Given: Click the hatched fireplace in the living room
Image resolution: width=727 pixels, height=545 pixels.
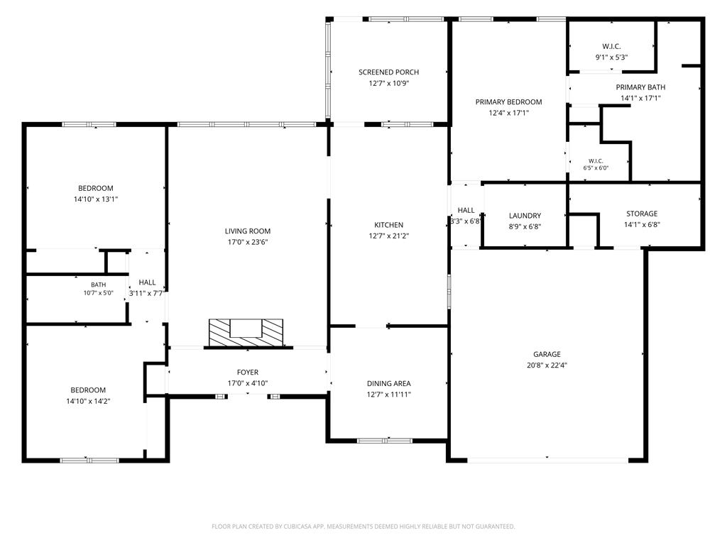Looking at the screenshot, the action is (x=246, y=333).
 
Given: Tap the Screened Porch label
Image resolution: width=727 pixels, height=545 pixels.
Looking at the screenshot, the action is (x=388, y=72).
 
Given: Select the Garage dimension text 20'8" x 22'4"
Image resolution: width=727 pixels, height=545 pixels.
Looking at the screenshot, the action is (x=547, y=365).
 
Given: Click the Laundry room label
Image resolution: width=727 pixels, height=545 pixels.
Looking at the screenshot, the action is (x=525, y=216).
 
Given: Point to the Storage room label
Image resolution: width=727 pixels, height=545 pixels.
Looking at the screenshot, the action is (x=642, y=214).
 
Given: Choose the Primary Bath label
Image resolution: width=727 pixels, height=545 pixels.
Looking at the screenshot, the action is (x=640, y=87).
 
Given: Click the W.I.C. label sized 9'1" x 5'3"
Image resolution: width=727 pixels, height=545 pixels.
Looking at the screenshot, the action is (x=611, y=46).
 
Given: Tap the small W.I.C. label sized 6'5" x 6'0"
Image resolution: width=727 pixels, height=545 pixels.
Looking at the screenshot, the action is (x=596, y=161).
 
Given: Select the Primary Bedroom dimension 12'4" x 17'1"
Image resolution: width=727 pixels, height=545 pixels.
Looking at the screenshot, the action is (x=508, y=113).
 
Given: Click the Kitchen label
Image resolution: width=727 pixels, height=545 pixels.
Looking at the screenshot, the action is (x=388, y=225).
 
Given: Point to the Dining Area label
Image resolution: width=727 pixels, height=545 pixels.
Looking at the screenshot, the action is (x=388, y=383).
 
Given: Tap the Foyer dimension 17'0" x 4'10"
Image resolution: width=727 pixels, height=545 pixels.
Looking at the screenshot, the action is (x=248, y=383).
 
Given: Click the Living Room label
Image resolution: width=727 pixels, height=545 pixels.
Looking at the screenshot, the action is (x=248, y=231).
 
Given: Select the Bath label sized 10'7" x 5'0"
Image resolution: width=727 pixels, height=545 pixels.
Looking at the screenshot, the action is (x=98, y=285).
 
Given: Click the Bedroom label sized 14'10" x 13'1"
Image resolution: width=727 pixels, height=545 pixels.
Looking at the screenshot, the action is (x=96, y=188).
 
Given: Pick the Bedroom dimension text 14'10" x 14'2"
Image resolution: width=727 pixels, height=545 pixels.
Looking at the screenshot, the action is (x=88, y=402).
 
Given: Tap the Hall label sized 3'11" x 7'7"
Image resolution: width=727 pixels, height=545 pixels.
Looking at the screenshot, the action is (x=147, y=282).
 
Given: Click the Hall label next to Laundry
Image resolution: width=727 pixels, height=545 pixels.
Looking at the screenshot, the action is (x=466, y=210).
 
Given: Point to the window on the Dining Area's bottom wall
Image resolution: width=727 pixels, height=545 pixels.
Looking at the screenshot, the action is (x=384, y=440).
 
